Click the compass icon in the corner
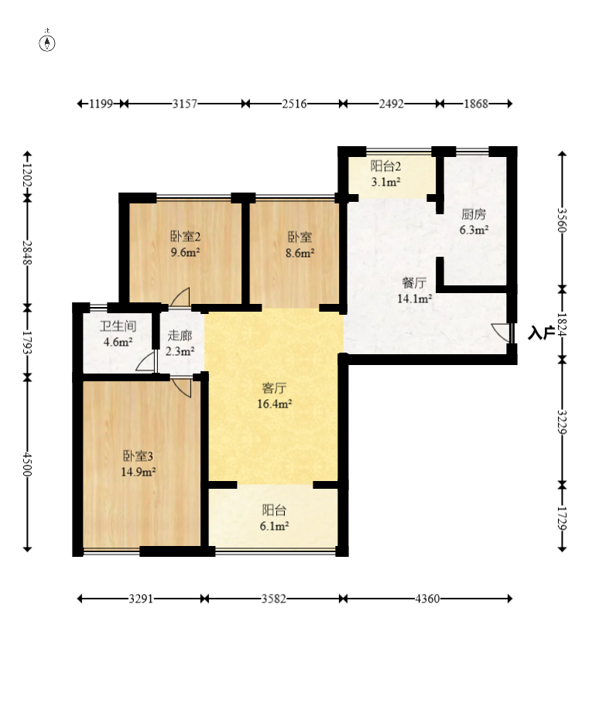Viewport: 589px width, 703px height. point(47,43)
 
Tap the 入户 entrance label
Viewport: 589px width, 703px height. point(540,333)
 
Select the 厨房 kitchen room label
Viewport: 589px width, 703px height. point(474,214)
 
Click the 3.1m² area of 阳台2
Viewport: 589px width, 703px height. point(385,182)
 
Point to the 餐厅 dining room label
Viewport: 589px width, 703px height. point(414,283)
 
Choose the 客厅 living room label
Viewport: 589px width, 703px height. point(274,388)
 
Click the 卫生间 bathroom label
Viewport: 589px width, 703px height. point(118,326)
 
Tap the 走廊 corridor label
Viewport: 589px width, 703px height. point(180,336)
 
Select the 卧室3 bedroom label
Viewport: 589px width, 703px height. point(139,456)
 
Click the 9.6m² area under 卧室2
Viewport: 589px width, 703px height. point(185,252)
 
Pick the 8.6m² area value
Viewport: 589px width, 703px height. point(300,253)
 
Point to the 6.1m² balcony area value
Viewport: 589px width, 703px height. point(274,526)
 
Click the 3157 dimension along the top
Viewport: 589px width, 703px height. point(185,104)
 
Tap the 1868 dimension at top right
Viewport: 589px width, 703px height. point(475,104)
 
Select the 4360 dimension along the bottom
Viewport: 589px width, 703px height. point(427,599)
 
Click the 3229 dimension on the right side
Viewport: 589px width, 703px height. point(562,422)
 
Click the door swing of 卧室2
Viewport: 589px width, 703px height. point(181,297)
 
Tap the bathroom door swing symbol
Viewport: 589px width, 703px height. point(146,361)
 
